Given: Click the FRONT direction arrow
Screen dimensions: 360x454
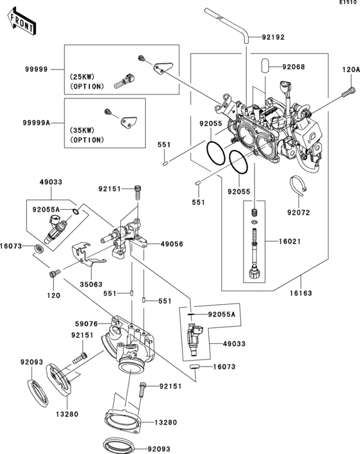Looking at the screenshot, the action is tap(22, 22).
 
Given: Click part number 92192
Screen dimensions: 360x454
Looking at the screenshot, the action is tap(273, 37).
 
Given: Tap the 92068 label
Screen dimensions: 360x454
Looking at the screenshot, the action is tap(293, 67).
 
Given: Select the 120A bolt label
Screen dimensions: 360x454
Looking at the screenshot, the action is tap(351, 69).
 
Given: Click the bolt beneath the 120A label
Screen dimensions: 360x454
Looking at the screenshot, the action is tap(348, 92).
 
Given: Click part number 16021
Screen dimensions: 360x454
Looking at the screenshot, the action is tap(290, 241).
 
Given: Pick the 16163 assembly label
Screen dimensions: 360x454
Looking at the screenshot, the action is tap(301, 293).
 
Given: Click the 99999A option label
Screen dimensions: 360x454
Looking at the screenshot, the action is tap(36, 123).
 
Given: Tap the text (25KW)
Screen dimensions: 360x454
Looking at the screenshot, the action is tap(82, 77).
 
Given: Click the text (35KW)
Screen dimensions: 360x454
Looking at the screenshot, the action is tap(82, 131).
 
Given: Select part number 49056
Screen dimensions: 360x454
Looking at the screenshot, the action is tap(172, 244).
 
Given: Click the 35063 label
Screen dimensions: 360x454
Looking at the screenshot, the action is tap(91, 284).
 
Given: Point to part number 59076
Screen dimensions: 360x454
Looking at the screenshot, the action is tap(86, 323).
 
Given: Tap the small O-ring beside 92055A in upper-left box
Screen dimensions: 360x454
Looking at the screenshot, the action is tap(75, 212).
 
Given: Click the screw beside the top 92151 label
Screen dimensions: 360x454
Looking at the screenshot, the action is tap(138, 192).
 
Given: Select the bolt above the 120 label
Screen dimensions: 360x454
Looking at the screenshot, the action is tap(55, 273).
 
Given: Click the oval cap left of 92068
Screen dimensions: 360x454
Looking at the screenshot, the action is tap(265, 67).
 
